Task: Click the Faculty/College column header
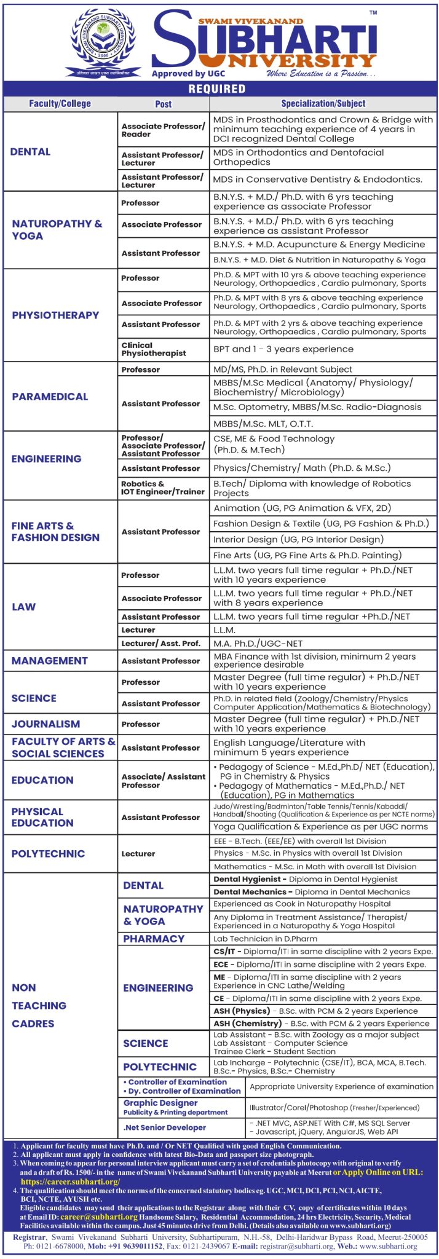point(60,104)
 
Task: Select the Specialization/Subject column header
point(323,104)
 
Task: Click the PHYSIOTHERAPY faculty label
point(55,315)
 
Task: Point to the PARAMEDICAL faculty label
point(50,397)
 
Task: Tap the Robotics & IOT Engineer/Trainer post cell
point(163,488)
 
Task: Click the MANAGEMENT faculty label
point(50,661)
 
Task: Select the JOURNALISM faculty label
point(45,724)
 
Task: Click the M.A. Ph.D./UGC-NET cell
point(258,644)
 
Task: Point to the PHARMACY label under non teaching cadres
point(154,939)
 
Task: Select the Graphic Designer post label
point(160,1103)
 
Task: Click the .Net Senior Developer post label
point(165,1127)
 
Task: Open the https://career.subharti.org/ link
point(70,1182)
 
